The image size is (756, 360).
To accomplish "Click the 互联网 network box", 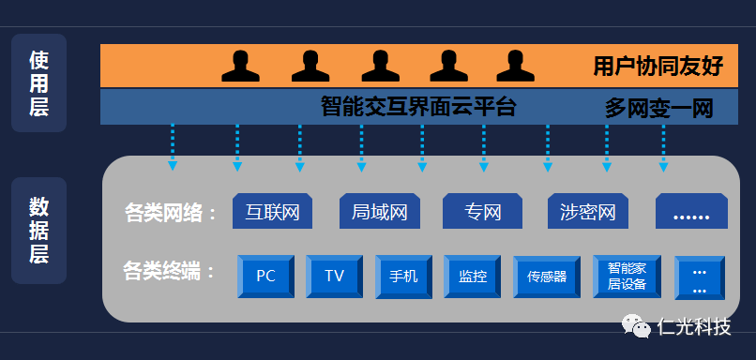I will (x=272, y=212).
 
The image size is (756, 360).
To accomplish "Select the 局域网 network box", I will (x=379, y=212).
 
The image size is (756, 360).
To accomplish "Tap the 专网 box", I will (x=483, y=212).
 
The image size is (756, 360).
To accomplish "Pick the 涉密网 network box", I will (x=588, y=212).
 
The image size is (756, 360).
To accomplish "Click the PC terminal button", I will (x=266, y=277).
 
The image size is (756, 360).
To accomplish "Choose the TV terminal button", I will (x=335, y=277).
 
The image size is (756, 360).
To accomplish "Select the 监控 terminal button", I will (x=473, y=277).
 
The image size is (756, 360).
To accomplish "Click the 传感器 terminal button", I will (x=547, y=277).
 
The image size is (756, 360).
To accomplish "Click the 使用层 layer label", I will (x=38, y=83).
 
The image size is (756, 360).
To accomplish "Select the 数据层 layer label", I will (x=38, y=231).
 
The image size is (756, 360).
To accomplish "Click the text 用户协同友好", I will (x=658, y=67).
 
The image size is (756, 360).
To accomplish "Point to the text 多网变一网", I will (x=658, y=109).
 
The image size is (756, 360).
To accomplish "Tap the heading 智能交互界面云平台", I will (x=418, y=106).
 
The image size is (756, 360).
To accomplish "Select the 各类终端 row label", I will (x=169, y=273).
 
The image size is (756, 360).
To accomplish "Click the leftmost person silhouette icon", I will (x=240, y=66).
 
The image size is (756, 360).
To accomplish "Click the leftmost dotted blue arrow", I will (x=173, y=146).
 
